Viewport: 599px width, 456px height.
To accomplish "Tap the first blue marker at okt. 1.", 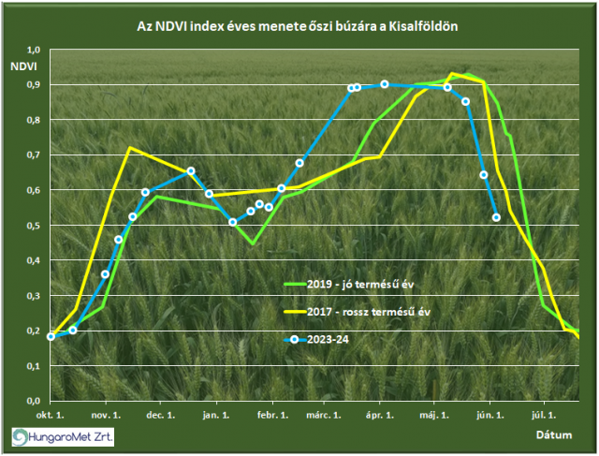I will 51,336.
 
